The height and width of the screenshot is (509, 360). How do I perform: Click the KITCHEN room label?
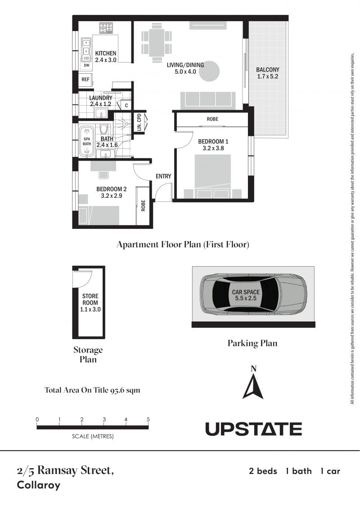coord(106,53)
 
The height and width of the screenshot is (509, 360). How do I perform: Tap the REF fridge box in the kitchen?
coord(85,80)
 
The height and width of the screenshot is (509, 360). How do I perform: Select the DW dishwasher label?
coord(86,65)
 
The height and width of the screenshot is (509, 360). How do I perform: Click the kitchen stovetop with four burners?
coord(106,27)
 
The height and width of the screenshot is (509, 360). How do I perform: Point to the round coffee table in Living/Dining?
coord(209,71)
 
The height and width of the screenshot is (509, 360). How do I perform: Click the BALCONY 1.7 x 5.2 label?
coord(267,73)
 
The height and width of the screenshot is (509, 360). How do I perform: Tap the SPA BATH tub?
coord(87,142)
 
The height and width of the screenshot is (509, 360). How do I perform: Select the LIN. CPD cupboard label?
coord(139,122)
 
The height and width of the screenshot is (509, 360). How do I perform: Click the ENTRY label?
coord(163,176)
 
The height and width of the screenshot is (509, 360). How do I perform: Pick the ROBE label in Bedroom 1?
coord(212,119)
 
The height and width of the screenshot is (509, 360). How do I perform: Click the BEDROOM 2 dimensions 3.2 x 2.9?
coord(112,196)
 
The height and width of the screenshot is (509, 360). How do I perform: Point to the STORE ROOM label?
coord(90,299)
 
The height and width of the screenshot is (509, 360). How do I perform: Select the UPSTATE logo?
coord(253,429)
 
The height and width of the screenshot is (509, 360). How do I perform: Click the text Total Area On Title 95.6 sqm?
coord(92,390)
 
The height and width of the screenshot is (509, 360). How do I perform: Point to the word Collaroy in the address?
coord(39,485)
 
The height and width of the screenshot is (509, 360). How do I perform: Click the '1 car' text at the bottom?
coord(330,471)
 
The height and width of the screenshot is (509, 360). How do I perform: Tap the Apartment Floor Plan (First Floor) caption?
coord(183,245)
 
